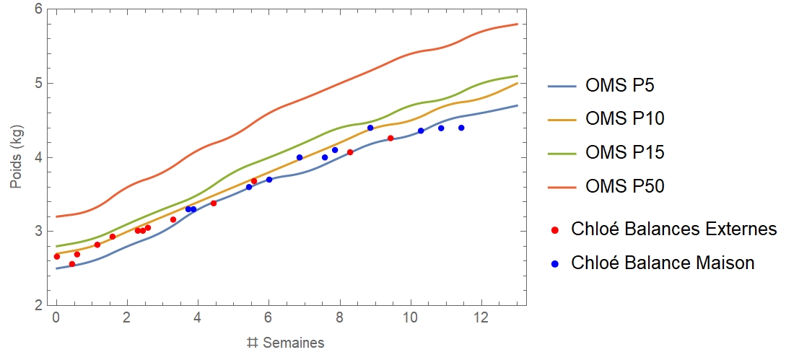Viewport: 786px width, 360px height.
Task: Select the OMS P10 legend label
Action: tap(624, 118)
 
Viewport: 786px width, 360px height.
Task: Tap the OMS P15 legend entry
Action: tap(624, 152)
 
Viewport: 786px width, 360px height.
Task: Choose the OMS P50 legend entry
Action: tap(624, 186)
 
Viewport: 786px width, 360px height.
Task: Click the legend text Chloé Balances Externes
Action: tap(673, 229)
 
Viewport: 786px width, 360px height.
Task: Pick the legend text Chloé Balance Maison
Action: tap(662, 263)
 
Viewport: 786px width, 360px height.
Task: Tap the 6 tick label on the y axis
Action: tap(38, 9)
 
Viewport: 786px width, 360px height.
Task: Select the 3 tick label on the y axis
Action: tap(38, 232)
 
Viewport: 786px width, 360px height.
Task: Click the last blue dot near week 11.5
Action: tap(461, 128)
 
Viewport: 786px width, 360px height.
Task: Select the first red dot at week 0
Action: tap(57, 256)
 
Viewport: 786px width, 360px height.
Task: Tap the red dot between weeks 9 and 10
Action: tap(390, 138)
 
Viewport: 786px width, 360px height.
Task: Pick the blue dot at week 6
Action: tap(269, 180)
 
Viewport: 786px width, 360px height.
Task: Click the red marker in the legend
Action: tap(555, 229)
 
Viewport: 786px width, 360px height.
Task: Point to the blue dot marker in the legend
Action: tap(555, 263)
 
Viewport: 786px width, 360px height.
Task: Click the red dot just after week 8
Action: tap(350, 152)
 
